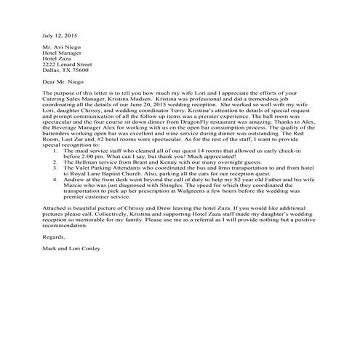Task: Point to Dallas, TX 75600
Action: tap(66, 71)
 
